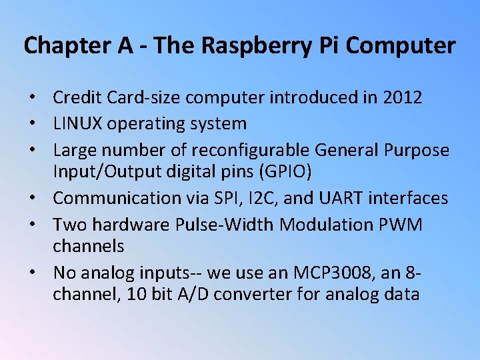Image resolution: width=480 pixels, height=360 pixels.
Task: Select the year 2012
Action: (403, 98)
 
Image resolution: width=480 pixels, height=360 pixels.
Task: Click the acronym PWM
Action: (399, 224)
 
